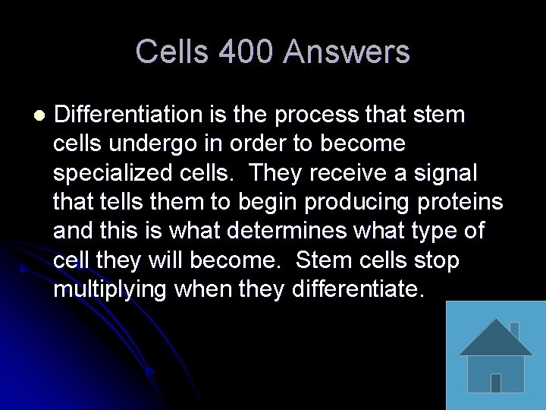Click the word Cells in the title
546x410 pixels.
tap(171, 52)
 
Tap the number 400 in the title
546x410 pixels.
tap(246, 52)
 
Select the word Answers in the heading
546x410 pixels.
tap(347, 52)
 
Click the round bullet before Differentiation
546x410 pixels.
tap(39, 115)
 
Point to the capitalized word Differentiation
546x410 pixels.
tap(127, 115)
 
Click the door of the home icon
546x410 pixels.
tap(495, 382)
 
